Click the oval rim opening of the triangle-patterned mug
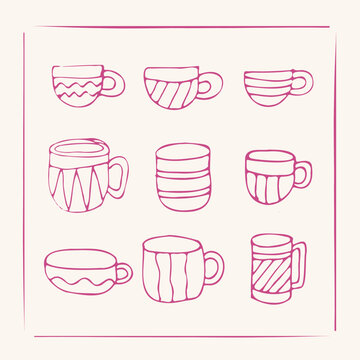pyautogui.click(x=77, y=151)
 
